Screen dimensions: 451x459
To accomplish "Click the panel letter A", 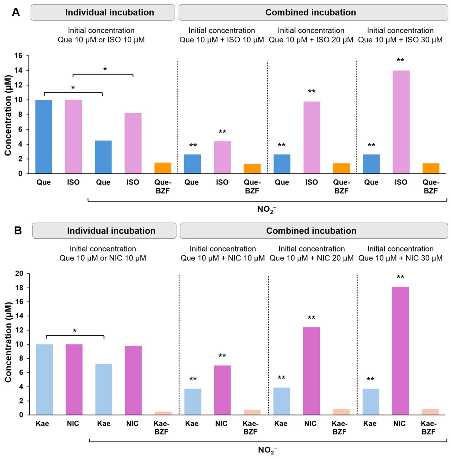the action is tap(16, 12).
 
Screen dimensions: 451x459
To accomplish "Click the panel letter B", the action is tap(18, 230).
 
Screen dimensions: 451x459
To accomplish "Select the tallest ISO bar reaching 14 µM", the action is tap(401, 122).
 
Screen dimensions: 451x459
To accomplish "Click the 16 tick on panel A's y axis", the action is tap(18, 56).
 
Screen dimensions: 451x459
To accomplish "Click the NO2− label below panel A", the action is tap(266, 209).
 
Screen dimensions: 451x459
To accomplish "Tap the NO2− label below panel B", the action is tap(267, 450).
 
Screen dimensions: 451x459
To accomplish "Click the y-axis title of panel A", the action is tap(8, 115).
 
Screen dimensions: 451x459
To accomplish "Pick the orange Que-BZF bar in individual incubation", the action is tap(163, 168).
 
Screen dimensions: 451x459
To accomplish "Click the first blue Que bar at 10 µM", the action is tap(44, 137).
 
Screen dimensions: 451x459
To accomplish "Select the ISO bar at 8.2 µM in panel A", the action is tap(133, 143).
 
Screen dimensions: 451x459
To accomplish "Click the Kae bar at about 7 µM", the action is tap(103, 390).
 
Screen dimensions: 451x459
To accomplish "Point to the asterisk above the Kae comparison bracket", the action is tap(75, 331).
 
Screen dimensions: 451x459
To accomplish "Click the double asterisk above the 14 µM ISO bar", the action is tap(400, 60).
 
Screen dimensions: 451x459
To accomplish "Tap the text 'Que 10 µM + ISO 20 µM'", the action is tap(311, 40).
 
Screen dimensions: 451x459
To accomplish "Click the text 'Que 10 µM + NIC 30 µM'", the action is tap(401, 258).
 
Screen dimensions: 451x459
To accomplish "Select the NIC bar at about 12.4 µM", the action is tap(311, 371).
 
